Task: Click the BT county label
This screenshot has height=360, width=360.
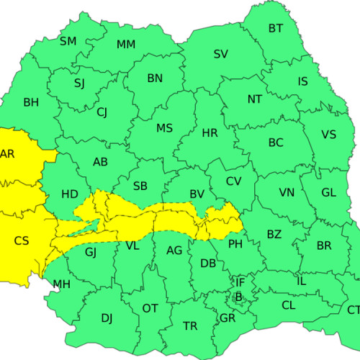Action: [276, 29]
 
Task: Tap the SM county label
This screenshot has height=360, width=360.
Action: [68, 41]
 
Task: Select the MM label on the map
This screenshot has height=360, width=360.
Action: [126, 45]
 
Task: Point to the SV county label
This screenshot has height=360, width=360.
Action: [221, 54]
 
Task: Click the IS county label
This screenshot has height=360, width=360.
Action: [303, 81]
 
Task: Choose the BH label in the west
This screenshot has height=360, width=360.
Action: [31, 102]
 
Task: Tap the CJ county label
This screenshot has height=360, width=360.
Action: [102, 112]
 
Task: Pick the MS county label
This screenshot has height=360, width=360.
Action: [164, 128]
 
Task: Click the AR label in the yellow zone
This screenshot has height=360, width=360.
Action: [7, 153]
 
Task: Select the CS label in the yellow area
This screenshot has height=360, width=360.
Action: [22, 240]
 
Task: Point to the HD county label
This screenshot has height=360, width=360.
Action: [70, 194]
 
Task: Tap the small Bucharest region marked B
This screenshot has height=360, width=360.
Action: [238, 296]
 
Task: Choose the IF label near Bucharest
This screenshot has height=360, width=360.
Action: [241, 283]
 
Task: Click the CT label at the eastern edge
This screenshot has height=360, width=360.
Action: [353, 310]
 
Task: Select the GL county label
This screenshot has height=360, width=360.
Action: [328, 192]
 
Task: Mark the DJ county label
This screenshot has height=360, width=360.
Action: [107, 318]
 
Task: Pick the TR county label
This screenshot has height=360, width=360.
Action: [190, 326]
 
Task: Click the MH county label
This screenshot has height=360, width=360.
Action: [62, 284]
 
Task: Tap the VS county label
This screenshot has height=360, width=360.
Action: [328, 135]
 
